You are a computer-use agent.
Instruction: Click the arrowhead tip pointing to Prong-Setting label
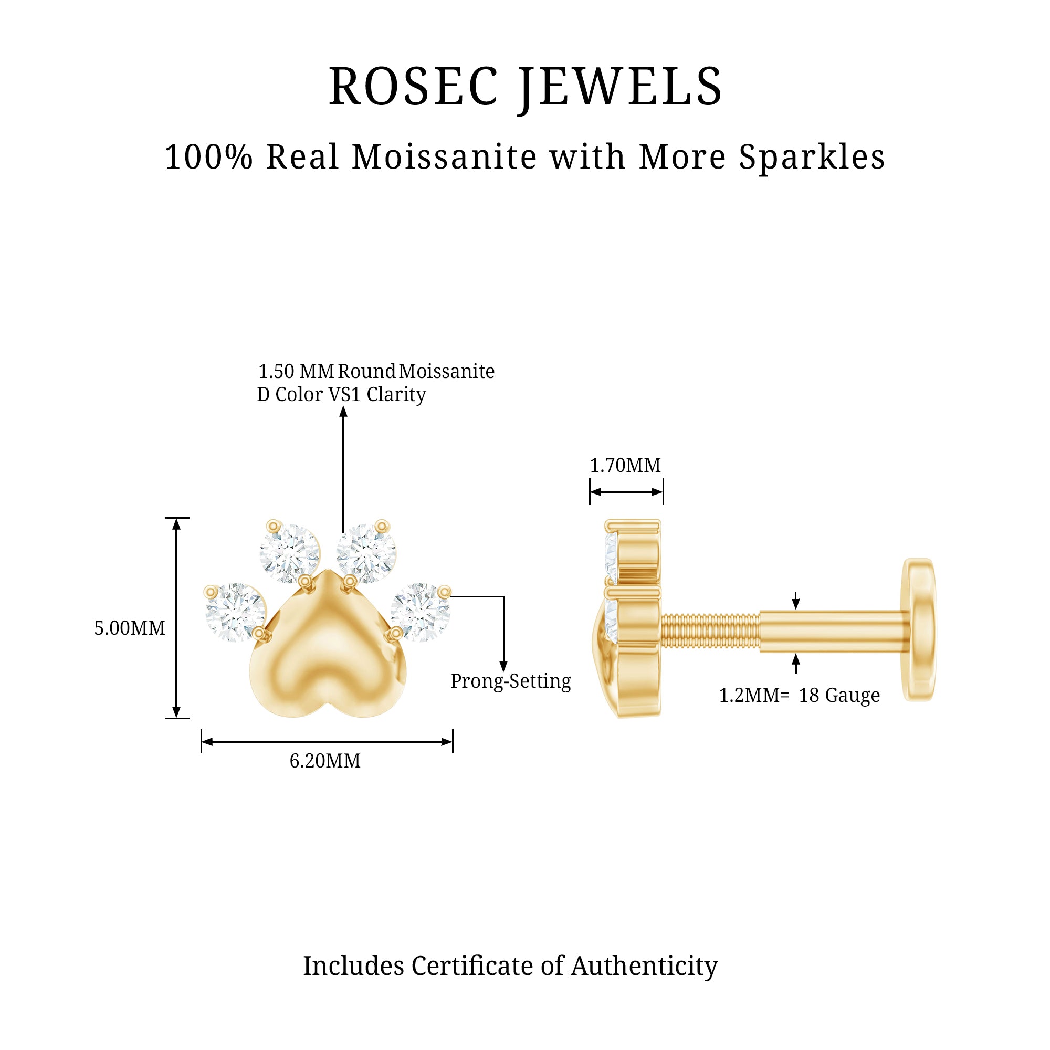[503, 673]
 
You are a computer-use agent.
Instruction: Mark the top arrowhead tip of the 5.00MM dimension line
[176, 519]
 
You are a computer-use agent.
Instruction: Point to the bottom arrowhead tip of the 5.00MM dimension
[176, 718]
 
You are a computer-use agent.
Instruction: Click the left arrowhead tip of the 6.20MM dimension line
[202, 742]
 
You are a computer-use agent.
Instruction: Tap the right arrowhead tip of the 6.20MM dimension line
[453, 742]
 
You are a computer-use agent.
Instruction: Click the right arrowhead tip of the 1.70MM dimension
[663, 492]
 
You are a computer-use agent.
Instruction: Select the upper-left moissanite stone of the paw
[290, 554]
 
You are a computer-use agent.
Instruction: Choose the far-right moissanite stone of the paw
[421, 613]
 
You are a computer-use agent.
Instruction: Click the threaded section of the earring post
[710, 631]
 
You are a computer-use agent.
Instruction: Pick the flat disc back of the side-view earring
[918, 629]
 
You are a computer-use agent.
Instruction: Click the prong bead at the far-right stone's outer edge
[445, 592]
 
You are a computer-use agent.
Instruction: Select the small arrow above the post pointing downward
[796, 600]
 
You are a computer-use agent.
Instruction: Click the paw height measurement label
[129, 628]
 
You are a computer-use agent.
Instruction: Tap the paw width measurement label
[325, 761]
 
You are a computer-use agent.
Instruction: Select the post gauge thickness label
[799, 695]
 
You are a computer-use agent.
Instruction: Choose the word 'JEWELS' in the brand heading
[619, 87]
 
